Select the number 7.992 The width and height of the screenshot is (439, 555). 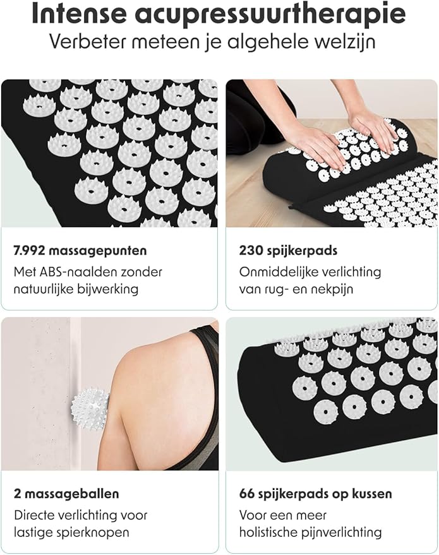(x=30, y=250)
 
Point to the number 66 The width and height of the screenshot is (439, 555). (x=248, y=493)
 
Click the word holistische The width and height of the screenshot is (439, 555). (x=270, y=532)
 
